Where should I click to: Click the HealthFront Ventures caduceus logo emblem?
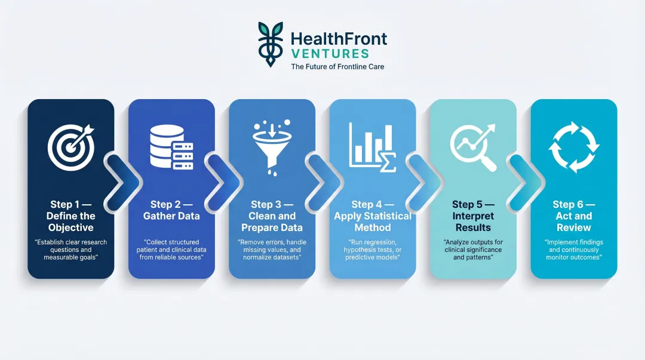(x=271, y=44)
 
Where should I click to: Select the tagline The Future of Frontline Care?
(x=337, y=67)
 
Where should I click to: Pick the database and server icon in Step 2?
(x=171, y=147)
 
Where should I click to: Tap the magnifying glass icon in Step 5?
(x=473, y=147)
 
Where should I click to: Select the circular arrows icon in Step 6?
(x=573, y=146)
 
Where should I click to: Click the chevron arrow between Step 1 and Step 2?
(x=122, y=179)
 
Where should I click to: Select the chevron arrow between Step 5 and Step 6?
(x=525, y=179)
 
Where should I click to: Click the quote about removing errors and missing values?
(x=272, y=250)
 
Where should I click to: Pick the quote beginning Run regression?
(x=373, y=250)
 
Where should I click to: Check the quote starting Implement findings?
(x=573, y=250)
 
